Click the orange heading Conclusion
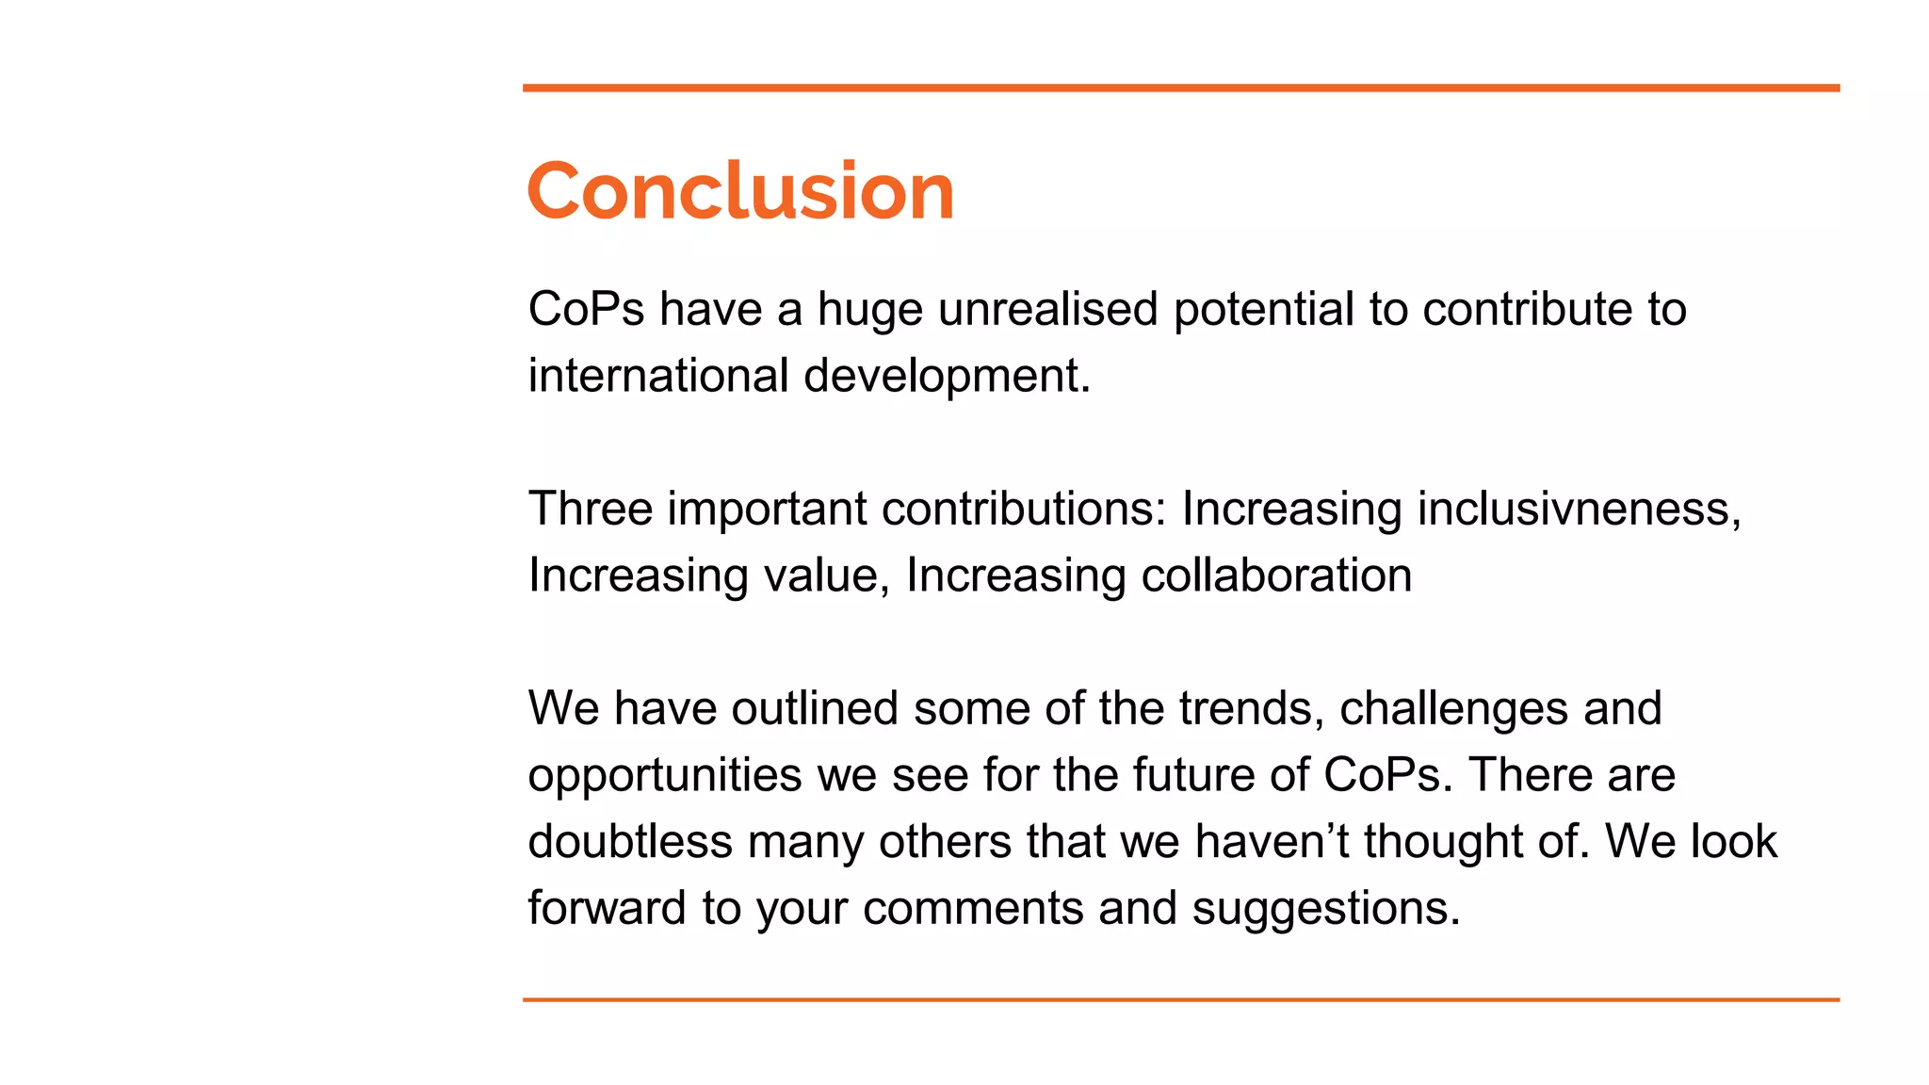tap(740, 191)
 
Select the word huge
tap(869, 311)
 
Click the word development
tap(946, 377)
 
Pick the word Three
tap(590, 509)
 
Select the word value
tap(826, 575)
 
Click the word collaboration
tap(1276, 575)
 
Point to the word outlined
tap(814, 708)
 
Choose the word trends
tap(1252, 708)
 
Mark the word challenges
tap(1453, 710)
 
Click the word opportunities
tap(664, 777)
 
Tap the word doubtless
tap(629, 841)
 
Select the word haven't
tap(1271, 841)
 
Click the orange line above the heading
tap(1180, 88)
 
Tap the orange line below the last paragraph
tap(1180, 999)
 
